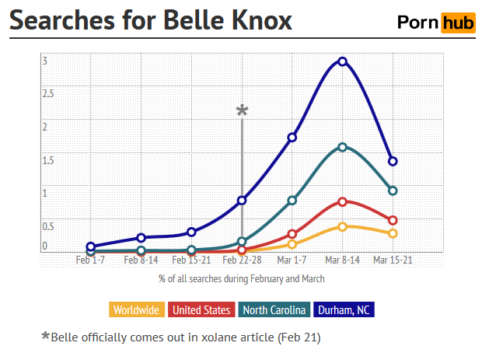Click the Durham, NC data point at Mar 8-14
point(342,61)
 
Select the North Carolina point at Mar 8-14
point(342,146)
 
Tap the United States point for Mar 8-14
point(342,201)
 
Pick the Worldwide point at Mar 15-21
point(393,233)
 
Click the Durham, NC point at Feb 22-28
point(242,201)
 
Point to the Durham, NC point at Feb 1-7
point(90,246)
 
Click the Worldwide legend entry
point(137,309)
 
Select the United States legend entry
point(201,309)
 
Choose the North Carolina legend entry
point(274,309)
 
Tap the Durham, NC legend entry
point(344,309)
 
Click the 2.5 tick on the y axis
point(48,94)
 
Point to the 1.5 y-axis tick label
point(48,161)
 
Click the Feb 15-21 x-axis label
point(191,260)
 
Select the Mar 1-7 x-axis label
point(292,260)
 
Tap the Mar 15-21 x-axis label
point(393,260)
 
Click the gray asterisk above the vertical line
point(242,111)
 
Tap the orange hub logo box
point(457,23)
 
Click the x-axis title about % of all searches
point(242,278)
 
